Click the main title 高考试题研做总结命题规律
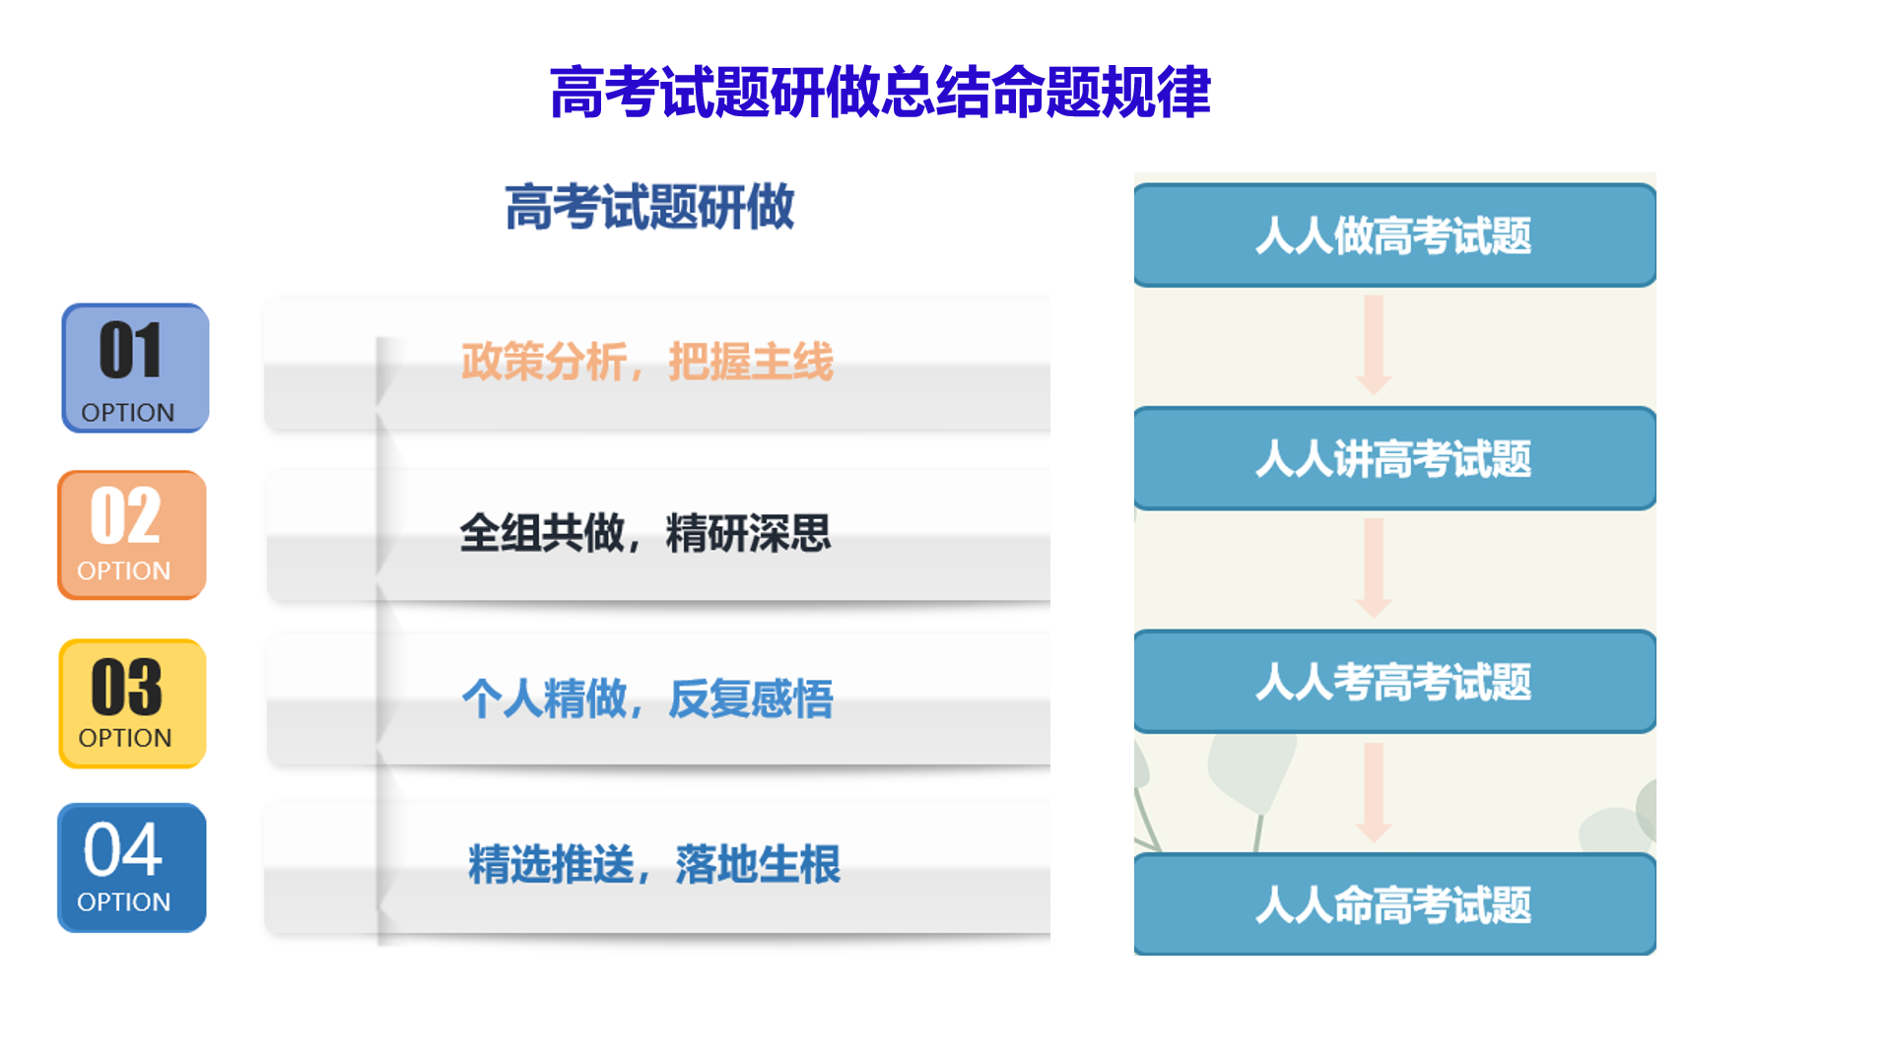click(880, 93)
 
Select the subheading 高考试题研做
click(649, 207)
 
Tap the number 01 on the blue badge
click(130, 351)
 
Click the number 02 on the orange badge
click(125, 515)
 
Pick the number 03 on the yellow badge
click(127, 687)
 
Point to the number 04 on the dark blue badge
click(123, 849)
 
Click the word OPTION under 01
click(128, 413)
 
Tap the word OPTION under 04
click(124, 902)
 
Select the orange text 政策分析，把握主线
click(647, 362)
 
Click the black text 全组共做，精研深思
click(645, 533)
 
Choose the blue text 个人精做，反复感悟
click(647, 698)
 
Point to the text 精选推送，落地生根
click(654, 864)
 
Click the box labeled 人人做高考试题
click(1394, 235)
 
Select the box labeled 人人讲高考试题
click(1394, 458)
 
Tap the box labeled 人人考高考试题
click(1394, 682)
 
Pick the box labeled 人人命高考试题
click(1394, 904)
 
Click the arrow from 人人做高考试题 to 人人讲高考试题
click(1374, 345)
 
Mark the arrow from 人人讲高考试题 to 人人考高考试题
click(1374, 568)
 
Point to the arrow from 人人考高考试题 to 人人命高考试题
click(1374, 792)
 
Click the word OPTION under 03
click(125, 738)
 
